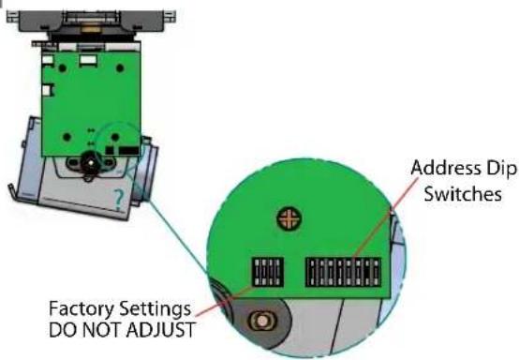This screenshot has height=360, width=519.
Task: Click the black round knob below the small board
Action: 90,161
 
